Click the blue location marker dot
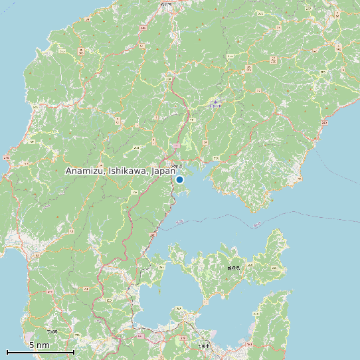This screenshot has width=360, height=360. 179,179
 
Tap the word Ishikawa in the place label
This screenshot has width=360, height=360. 127,171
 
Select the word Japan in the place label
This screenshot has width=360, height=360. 163,171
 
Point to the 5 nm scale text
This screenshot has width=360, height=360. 39,345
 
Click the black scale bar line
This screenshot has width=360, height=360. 40,352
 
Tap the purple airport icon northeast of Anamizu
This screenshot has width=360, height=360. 215,104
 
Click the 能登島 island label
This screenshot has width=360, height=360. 232,268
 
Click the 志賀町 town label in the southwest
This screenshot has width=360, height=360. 52,331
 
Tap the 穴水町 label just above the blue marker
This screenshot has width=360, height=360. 176,165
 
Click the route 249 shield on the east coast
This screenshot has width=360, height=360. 324,123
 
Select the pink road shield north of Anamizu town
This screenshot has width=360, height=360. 176,145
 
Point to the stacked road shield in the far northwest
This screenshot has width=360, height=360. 81,51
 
